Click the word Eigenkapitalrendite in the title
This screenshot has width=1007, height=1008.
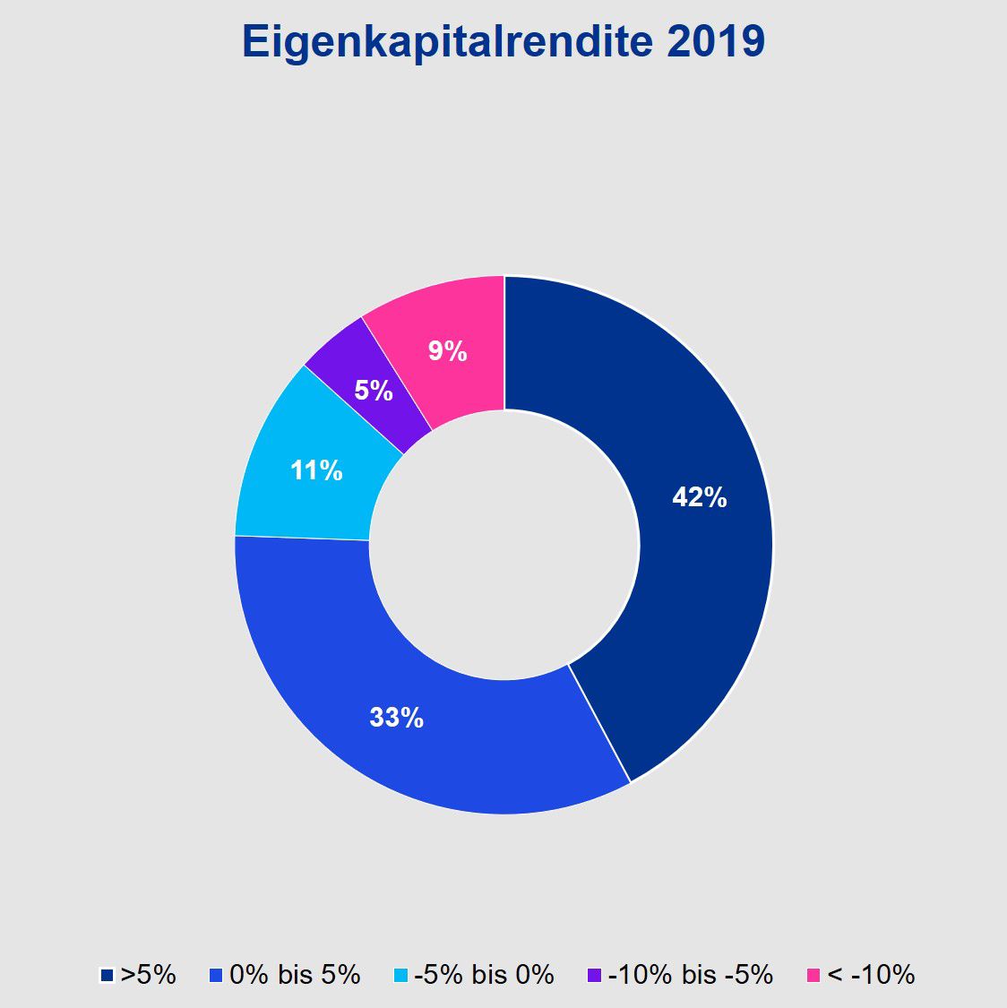448,42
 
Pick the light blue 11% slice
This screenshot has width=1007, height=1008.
296,502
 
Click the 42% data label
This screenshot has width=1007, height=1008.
700,497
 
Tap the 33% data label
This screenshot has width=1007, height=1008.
396,717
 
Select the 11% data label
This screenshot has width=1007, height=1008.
316,470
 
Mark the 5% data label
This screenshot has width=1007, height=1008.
374,391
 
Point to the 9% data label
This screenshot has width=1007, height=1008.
447,351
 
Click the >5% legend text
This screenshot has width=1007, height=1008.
149,975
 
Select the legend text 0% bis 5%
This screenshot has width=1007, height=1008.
295,975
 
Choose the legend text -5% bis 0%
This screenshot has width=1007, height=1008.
484,975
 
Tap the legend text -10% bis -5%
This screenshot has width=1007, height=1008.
690,975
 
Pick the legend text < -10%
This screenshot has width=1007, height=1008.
871,975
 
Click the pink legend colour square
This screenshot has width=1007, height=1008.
813,975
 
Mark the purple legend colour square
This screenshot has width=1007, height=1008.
595,975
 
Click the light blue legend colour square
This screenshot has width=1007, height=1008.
401,975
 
